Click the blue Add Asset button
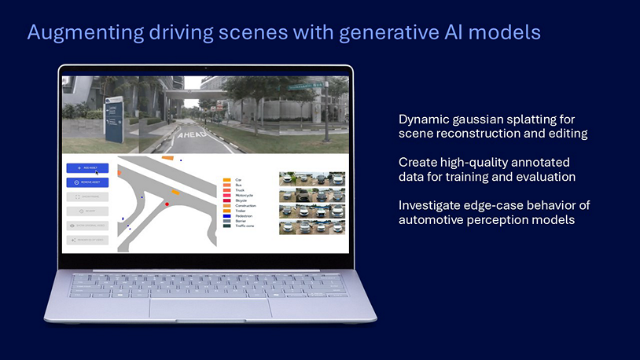pyautogui.click(x=87, y=168)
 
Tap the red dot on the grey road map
pyautogui.click(x=167, y=204)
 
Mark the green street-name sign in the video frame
pyautogui.click(x=305, y=85)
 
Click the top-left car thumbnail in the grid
pyautogui.click(x=290, y=178)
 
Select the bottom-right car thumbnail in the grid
pyautogui.click(x=334, y=227)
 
